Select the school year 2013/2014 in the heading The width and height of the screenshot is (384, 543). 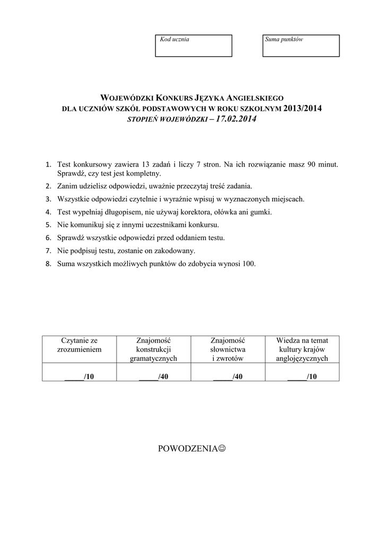click(303, 109)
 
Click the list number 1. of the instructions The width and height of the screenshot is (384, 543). click(48, 164)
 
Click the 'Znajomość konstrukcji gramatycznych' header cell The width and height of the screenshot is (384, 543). click(153, 349)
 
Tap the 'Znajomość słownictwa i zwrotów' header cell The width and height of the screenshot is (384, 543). click(228, 349)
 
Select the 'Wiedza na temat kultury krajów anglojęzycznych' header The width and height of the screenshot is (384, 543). click(302, 349)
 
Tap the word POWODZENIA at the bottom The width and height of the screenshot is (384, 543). click(188, 449)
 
